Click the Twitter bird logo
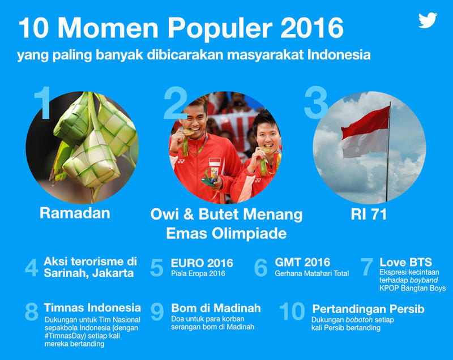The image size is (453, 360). click(428, 20)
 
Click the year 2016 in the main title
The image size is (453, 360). click(312, 28)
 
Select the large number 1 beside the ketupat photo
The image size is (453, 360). click(43, 103)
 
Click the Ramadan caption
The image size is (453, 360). click(75, 213)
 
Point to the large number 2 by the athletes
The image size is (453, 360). click(176, 103)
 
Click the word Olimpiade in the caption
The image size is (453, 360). click(249, 234)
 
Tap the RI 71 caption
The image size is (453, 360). click(369, 214)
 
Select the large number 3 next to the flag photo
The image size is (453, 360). click(316, 103)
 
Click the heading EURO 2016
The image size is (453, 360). click(202, 263)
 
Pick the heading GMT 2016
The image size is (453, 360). click(302, 262)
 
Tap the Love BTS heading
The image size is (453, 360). click(405, 262)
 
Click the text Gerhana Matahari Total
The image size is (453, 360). click(312, 273)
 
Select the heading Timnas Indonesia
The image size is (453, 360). click(92, 308)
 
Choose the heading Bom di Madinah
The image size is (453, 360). click(216, 308)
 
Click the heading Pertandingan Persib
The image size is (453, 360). click(369, 309)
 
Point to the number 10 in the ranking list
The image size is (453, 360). click(292, 311)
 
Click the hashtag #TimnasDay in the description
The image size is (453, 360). click(65, 336)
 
